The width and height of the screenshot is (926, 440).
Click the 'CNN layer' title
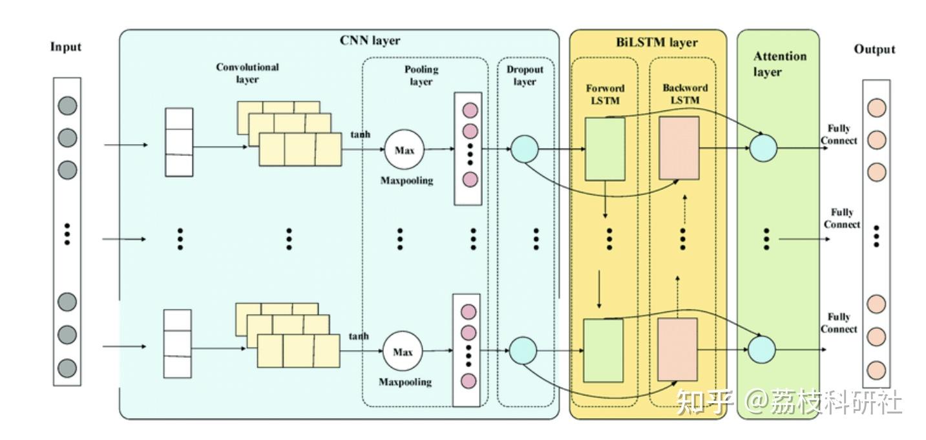point(370,41)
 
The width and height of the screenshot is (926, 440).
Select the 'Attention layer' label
point(779,64)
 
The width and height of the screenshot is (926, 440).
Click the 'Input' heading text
point(66,47)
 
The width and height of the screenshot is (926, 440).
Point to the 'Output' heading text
point(874,49)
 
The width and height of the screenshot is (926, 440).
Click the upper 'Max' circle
point(404,151)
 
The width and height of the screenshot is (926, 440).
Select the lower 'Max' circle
point(402,352)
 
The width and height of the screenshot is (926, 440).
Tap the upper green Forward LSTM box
point(605,149)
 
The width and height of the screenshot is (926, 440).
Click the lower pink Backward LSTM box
point(677,349)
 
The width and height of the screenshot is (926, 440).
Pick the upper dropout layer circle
point(524,149)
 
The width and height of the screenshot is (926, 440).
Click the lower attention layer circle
point(761,350)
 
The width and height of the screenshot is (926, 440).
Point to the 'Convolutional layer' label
point(247,73)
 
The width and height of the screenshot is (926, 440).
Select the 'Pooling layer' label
point(421,76)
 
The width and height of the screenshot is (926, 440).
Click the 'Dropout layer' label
point(524,76)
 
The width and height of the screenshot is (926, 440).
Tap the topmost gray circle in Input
point(67,105)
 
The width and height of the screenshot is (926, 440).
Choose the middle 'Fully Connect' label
point(842,218)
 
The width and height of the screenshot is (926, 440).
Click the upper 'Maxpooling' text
point(406,181)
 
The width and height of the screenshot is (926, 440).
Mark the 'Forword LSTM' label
point(605,94)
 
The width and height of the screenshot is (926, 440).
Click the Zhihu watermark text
point(788,402)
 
